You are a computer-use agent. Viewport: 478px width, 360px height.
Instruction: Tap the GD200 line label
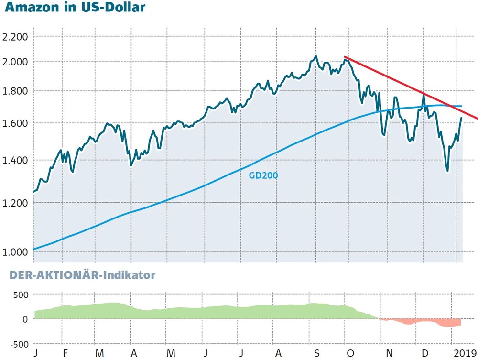(x=263, y=175)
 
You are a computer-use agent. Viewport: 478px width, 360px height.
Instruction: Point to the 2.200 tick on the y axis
(x=15, y=37)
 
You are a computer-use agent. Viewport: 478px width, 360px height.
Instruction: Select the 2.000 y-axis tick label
(x=15, y=62)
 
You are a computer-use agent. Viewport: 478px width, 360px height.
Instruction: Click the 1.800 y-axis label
(x=15, y=91)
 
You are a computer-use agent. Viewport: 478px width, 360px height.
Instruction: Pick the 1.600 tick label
(x=15, y=123)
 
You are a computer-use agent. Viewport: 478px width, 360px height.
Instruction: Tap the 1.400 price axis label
(x=15, y=160)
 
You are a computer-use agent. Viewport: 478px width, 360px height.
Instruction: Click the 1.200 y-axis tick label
(x=15, y=203)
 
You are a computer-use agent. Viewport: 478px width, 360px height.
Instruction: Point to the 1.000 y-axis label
(x=15, y=251)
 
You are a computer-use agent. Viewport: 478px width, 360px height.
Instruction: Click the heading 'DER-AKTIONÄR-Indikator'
(x=78, y=275)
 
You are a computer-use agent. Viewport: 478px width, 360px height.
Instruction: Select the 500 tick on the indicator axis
(x=21, y=294)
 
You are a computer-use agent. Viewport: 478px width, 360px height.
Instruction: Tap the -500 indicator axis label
(x=18, y=344)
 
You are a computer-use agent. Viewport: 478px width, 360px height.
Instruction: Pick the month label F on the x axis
(x=65, y=353)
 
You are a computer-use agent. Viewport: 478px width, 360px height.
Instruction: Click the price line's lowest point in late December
(x=447, y=171)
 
